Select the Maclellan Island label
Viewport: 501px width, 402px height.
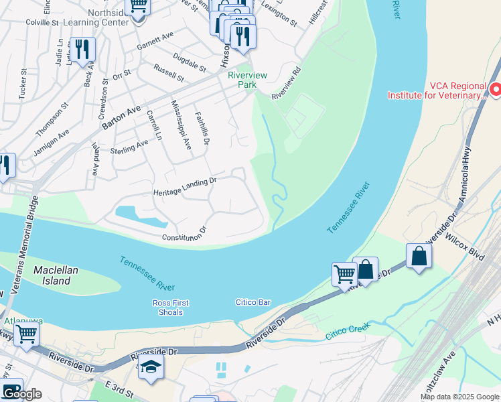52,275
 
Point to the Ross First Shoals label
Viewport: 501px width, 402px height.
170,308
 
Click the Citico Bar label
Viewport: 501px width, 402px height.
253,303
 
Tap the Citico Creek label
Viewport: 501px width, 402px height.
348,330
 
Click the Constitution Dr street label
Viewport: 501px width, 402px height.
184,234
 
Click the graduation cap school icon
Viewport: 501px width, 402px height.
152,367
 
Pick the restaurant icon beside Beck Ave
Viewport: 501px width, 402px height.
83,50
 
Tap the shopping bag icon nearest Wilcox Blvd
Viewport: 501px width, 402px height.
419,256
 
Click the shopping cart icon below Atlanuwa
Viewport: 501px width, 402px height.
26,332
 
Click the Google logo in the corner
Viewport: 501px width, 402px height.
21,393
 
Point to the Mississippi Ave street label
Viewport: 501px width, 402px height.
182,127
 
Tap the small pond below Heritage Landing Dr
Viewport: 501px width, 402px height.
139,216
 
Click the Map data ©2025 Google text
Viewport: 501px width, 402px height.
459,397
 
